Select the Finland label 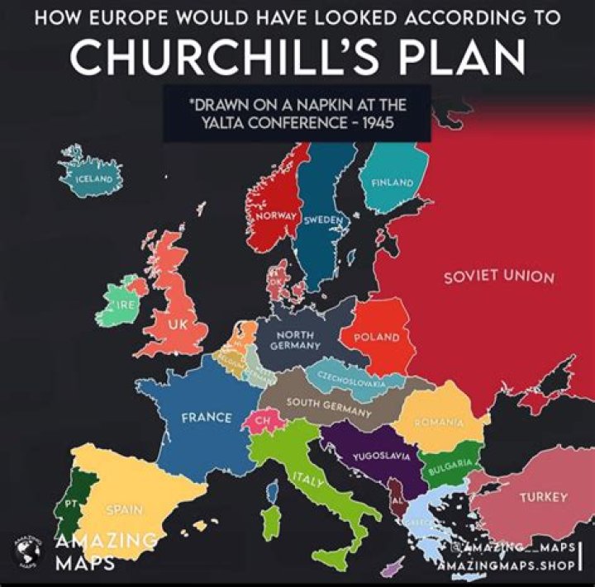click(393, 182)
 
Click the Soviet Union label click(498, 275)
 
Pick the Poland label click(376, 338)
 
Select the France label click(207, 417)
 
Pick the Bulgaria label click(450, 467)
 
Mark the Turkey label click(543, 497)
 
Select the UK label click(177, 324)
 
